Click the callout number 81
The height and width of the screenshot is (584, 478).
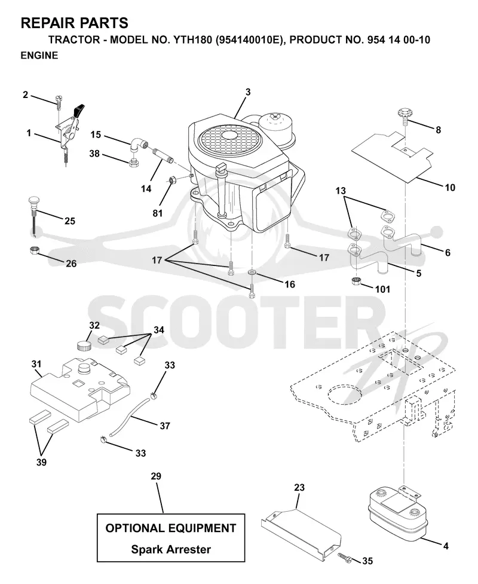coord(158,213)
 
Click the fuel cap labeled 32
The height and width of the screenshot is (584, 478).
coord(84,344)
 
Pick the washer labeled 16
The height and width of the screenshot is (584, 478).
coord(252,273)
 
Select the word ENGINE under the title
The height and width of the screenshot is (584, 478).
coord(39,56)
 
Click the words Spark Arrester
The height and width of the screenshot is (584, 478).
coord(171,549)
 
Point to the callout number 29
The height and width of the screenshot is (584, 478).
coord(156,476)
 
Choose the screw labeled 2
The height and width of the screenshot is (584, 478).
coord(59,100)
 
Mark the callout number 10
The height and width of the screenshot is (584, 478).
coord(450,187)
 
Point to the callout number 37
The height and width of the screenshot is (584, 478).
coord(164,426)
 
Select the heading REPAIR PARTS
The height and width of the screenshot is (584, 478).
coord(75,23)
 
